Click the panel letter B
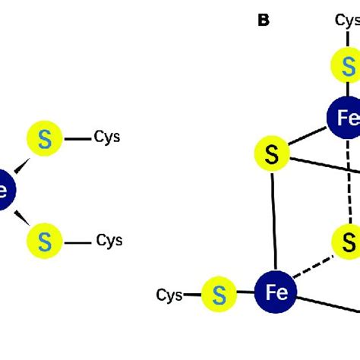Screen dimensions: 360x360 pyautogui.click(x=264, y=21)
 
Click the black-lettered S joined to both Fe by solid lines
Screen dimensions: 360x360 pyautogui.click(x=272, y=155)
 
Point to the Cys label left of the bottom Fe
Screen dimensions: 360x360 pyautogui.click(x=169, y=294)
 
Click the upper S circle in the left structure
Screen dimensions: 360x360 pyautogui.click(x=44, y=139)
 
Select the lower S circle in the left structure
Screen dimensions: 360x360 pyautogui.click(x=44, y=242)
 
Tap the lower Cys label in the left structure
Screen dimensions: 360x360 pyautogui.click(x=109, y=241)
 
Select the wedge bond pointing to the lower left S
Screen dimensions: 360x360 pyautogui.click(x=23, y=218)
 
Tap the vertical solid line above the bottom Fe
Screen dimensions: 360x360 pyautogui.click(x=273, y=220)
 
